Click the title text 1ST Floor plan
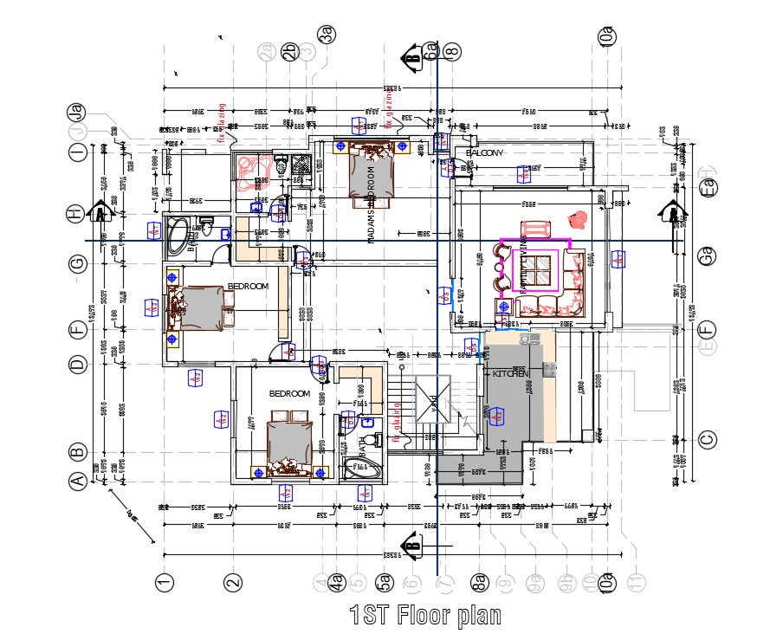[x=425, y=616]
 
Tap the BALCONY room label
[x=485, y=153]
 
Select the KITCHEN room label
[x=510, y=373]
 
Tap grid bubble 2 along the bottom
[x=231, y=583]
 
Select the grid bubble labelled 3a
[x=327, y=35]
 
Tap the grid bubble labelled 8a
[x=478, y=583]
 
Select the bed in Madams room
[x=372, y=171]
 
